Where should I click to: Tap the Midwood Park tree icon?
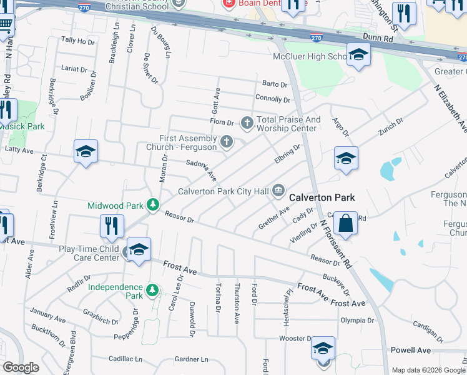coord(152,205)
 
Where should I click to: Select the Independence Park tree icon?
coord(152,290)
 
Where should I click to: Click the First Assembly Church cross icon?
coord(226,142)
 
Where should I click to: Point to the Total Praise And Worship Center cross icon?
coord(247,122)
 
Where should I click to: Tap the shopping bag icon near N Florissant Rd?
coord(345,223)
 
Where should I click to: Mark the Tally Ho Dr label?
coord(77,41)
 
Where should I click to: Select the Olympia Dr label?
coord(357,321)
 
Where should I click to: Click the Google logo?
coord(21,367)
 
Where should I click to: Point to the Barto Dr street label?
coord(275,84)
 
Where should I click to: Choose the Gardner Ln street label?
coord(191,359)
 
